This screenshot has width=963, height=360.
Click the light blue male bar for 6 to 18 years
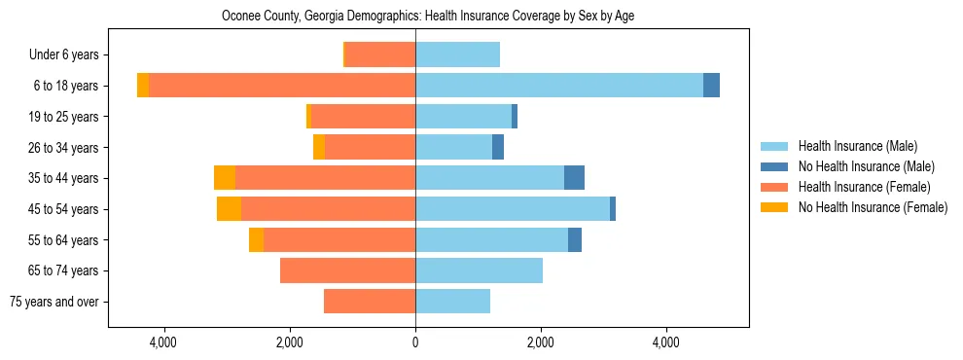click(559, 86)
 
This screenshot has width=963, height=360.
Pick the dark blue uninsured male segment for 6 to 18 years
click(711, 86)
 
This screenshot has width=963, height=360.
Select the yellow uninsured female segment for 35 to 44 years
click(225, 178)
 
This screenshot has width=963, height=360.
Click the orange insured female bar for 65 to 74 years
click(347, 270)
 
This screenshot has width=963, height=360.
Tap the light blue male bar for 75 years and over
click(452, 302)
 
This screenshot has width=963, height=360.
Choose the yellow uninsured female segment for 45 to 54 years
click(229, 209)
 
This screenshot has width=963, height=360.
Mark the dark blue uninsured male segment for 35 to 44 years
click(574, 178)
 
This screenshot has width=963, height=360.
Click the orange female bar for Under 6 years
click(380, 54)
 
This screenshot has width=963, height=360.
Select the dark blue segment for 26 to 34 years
click(498, 147)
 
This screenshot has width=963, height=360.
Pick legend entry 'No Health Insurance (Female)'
click(873, 207)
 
